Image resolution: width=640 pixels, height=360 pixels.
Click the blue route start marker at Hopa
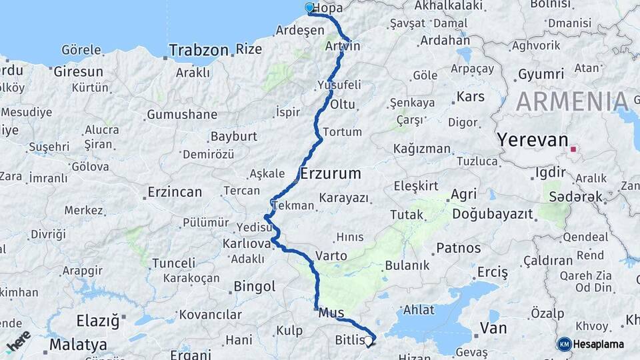coord(309,8)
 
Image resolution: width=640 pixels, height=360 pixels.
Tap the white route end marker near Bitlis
coord(368,341)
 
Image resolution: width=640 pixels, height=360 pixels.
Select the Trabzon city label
coord(199,50)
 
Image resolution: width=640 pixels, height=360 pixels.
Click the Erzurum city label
coord(331,174)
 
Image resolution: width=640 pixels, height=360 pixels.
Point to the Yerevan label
coord(532,141)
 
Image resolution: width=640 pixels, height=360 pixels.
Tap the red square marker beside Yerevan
coord(573,149)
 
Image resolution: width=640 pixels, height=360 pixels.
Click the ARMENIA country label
coord(572,101)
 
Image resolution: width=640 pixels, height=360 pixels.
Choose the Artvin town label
coord(343,47)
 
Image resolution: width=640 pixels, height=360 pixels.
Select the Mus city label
coord(331,313)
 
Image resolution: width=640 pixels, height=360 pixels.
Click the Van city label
coord(493,328)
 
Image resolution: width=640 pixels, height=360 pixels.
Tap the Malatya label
coord(78,345)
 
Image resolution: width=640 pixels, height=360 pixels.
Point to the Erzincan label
coord(175,193)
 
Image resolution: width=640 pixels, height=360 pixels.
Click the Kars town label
coord(470,97)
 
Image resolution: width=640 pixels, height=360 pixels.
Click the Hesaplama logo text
coord(599,345)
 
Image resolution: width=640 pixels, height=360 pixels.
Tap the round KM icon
coord(564,345)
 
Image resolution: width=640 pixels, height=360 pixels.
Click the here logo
coord(18,341)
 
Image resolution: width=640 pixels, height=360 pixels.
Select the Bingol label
coord(254,287)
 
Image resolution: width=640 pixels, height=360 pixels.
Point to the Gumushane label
coord(182,115)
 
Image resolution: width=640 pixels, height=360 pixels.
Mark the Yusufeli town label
coord(339,85)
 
